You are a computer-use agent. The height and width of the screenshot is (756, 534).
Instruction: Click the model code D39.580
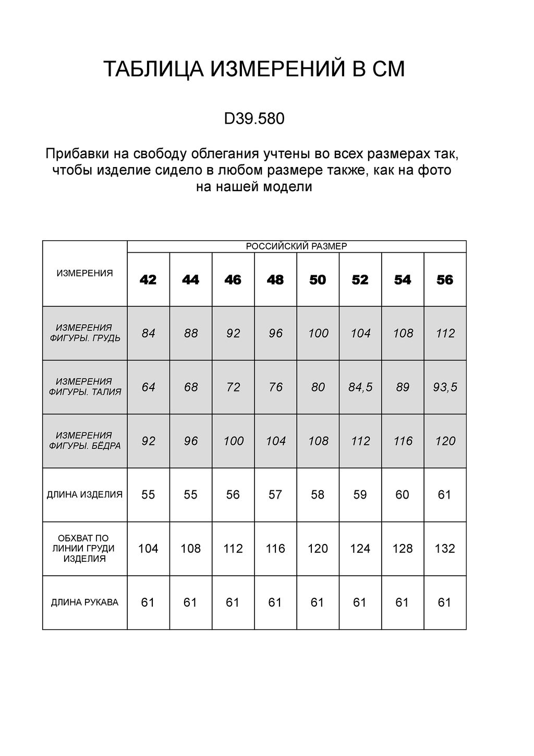point(254,119)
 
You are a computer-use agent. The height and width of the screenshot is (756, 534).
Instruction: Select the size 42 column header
point(148,280)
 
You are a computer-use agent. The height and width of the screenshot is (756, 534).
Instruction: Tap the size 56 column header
point(445,280)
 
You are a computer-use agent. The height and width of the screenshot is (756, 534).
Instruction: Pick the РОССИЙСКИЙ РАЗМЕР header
point(296,246)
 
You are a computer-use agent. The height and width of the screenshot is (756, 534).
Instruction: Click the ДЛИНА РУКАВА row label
point(84,603)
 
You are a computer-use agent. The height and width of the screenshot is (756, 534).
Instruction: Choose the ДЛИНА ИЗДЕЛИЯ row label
point(84,494)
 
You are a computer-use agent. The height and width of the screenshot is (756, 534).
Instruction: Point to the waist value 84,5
point(360,387)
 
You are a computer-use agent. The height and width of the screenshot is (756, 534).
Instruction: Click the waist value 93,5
point(445,387)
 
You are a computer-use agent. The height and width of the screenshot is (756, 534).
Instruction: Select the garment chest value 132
point(445,549)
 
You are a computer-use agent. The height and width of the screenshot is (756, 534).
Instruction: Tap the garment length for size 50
point(318,494)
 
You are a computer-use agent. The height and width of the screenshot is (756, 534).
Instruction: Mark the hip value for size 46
point(233,441)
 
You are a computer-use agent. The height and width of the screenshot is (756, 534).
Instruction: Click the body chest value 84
point(149,333)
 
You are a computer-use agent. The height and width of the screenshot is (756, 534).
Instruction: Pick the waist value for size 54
point(403,387)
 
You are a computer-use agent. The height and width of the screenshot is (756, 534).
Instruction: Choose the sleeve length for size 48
point(275,603)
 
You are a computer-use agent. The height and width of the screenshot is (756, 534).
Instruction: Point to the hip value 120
point(445,441)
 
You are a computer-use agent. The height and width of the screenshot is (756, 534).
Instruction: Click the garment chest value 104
point(148,549)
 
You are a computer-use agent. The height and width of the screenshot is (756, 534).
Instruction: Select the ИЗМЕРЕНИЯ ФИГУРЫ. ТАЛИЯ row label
point(84,387)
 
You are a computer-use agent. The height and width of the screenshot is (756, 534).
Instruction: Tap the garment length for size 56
point(445,494)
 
